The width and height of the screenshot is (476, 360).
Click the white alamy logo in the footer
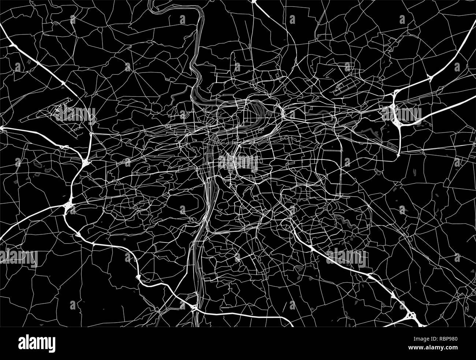point(37,343)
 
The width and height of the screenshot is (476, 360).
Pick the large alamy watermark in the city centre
point(238,162)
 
